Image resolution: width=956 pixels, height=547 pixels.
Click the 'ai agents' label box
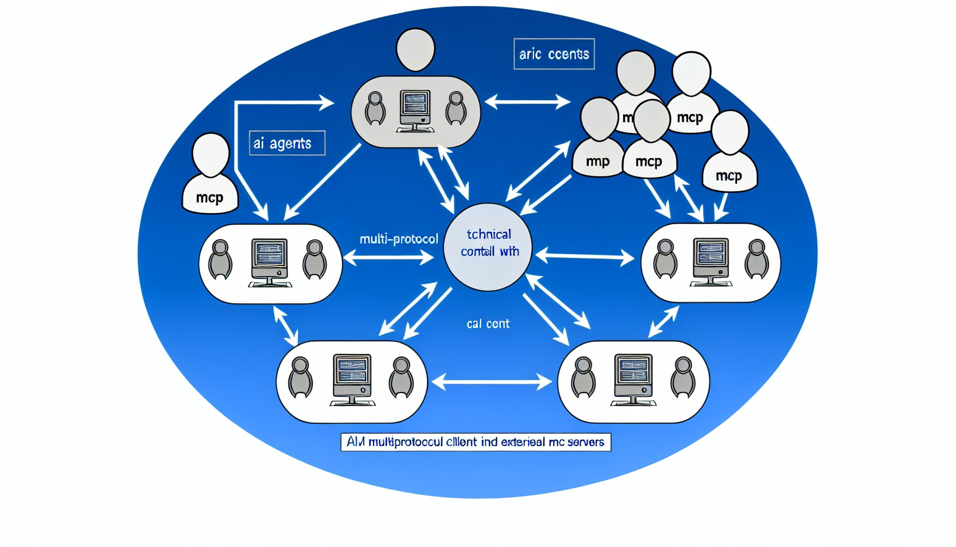(287, 143)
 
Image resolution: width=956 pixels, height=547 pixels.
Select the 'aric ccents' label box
(554, 54)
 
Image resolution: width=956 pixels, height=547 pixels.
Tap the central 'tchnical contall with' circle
(488, 247)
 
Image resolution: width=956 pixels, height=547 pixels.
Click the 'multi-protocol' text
(399, 239)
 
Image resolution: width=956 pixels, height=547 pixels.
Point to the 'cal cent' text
(488, 324)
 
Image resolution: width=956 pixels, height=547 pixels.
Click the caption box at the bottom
(475, 442)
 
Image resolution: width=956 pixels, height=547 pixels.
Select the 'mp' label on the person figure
(597, 161)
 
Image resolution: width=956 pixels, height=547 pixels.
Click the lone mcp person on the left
(210, 176)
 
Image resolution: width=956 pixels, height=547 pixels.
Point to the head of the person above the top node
(416, 49)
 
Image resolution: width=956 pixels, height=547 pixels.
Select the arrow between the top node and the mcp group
(527, 101)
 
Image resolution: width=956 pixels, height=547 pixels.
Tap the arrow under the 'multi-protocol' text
(388, 259)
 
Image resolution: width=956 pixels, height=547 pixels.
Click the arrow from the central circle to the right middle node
(585, 257)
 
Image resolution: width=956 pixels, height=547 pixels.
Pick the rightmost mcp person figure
(729, 152)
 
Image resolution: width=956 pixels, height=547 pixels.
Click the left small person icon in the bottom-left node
(300, 378)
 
